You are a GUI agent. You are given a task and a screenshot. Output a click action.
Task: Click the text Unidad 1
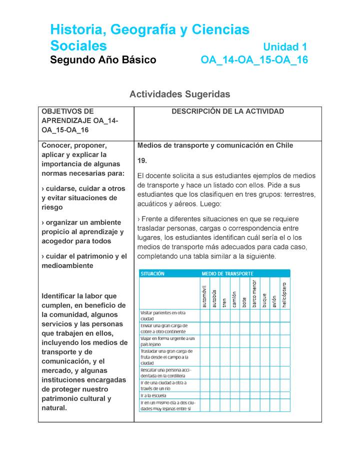click(x=284, y=47)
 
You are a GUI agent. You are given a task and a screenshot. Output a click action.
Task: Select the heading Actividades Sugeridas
click(x=179, y=94)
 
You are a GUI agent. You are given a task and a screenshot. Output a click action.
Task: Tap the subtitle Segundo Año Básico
click(x=103, y=60)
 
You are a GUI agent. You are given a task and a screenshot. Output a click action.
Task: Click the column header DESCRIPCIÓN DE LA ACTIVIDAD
click(x=227, y=111)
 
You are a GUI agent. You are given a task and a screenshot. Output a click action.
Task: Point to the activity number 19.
click(x=142, y=160)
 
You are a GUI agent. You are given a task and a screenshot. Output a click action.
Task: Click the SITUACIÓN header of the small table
click(x=152, y=273)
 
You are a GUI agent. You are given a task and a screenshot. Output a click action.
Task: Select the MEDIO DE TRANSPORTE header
click(x=227, y=273)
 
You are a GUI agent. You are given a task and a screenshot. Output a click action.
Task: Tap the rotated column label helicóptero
click(x=284, y=293)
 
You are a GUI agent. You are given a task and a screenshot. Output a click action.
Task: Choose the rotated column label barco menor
click(x=254, y=293)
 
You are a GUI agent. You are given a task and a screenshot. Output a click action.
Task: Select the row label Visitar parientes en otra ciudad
click(x=165, y=315)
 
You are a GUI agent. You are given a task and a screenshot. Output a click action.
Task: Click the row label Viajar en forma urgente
click(x=167, y=341)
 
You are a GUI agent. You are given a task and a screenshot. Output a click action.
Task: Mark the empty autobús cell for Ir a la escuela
click(x=214, y=395)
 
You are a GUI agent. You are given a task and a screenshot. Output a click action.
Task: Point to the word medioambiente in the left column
click(x=67, y=266)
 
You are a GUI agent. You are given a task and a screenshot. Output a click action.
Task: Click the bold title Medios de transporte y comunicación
click(x=215, y=145)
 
